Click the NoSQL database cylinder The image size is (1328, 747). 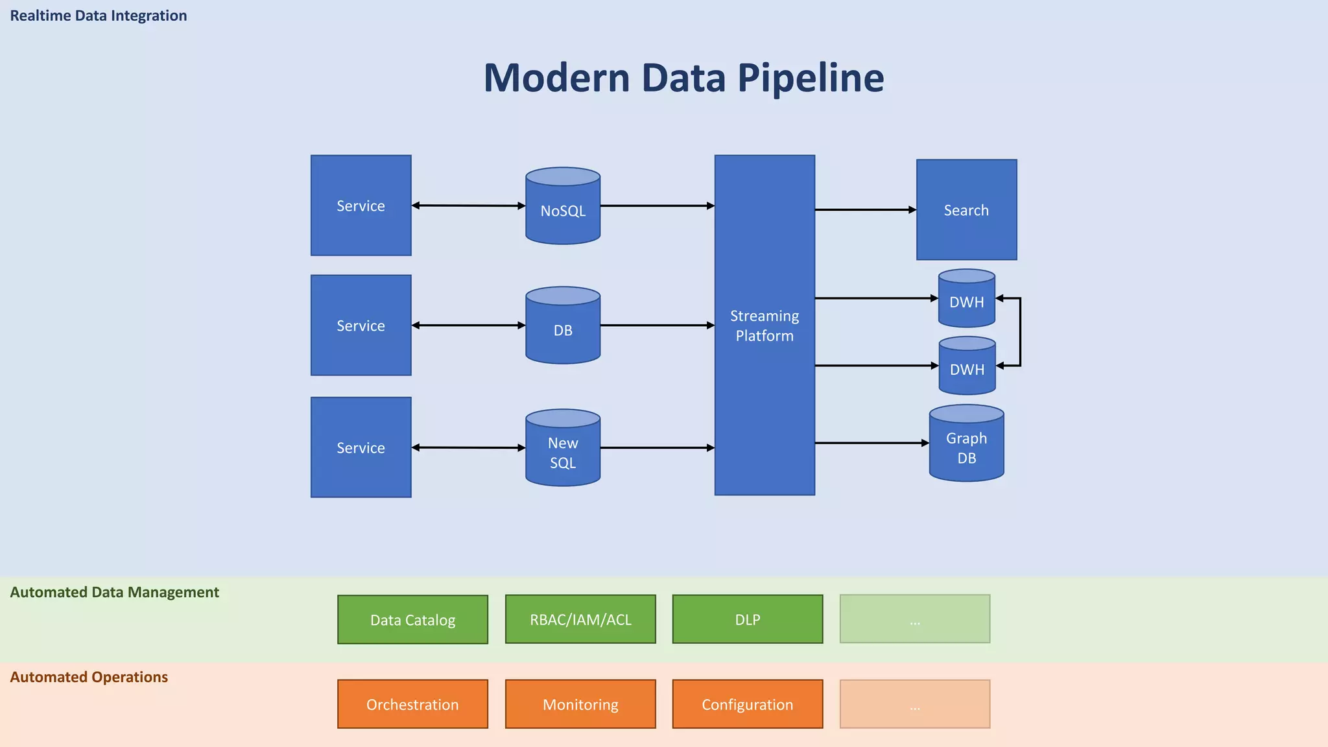point(563,206)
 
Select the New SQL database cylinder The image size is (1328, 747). point(563,448)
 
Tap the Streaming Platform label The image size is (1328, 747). point(765,326)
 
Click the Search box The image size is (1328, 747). point(966,210)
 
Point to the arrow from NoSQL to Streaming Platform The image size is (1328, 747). point(657,206)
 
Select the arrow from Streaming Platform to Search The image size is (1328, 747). point(865,210)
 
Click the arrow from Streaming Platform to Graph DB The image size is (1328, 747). point(871,443)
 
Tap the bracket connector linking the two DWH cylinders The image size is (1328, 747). point(1020,332)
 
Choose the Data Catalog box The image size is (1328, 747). point(412,620)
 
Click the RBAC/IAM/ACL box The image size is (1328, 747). point(580,619)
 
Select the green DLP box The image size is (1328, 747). point(748,619)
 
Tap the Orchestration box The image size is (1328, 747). point(412,704)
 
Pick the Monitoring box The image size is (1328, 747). point(580,704)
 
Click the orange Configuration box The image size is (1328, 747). point(748,704)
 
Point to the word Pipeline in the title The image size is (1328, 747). point(811,78)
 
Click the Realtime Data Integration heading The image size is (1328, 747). point(99,16)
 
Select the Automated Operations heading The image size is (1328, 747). point(89,677)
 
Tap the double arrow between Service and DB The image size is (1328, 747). point(468,325)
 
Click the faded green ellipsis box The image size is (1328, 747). point(915,619)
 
